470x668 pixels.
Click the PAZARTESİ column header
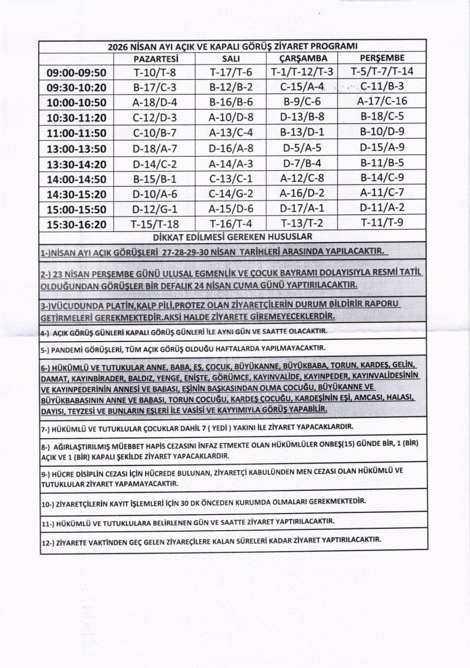tap(156, 59)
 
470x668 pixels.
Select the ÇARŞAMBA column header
tap(303, 59)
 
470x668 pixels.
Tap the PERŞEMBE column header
tap(382, 58)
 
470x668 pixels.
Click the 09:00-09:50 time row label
tap(76, 73)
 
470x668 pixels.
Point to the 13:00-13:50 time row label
tap(76, 147)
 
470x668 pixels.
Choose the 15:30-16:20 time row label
tap(76, 224)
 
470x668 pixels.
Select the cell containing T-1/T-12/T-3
tap(303, 72)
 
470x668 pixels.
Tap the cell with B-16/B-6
tap(230, 101)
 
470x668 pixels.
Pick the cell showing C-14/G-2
tap(230, 193)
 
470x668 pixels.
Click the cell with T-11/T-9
tap(382, 223)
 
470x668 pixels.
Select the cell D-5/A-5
tap(303, 147)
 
